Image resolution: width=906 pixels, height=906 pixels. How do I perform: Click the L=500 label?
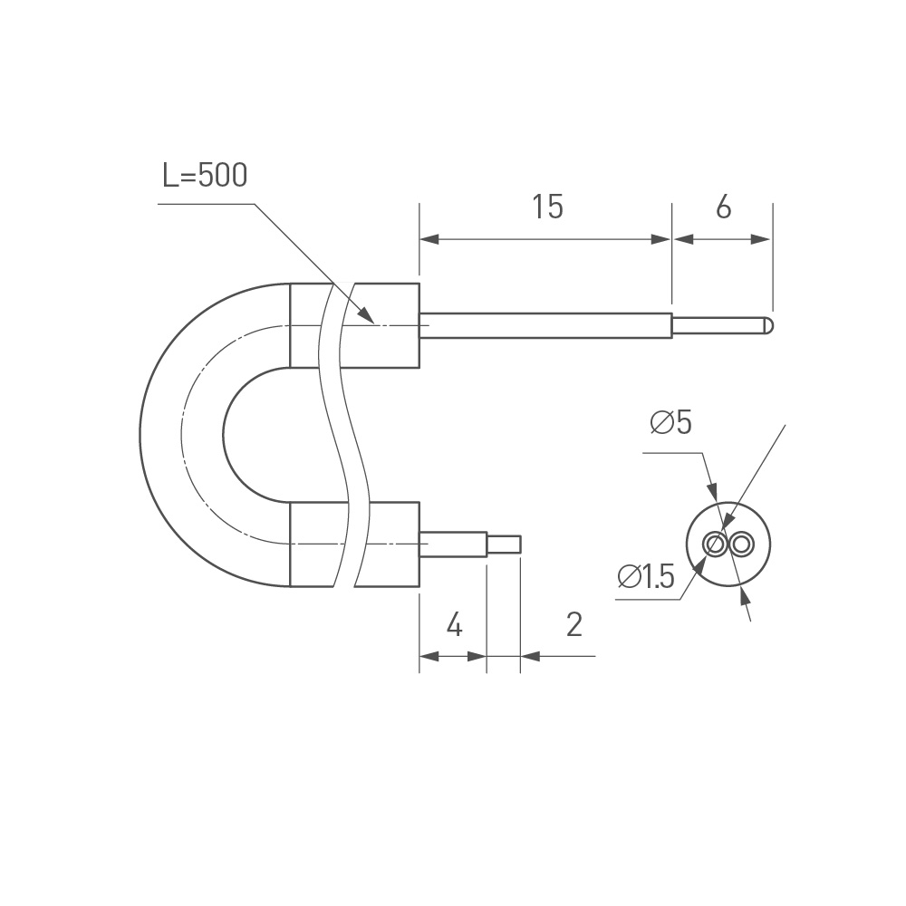click(204, 175)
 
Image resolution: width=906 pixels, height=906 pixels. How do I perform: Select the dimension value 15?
click(547, 207)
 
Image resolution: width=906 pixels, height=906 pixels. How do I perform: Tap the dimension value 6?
click(723, 207)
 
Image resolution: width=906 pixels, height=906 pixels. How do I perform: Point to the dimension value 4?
click(455, 625)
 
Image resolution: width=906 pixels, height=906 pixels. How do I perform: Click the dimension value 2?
click(573, 625)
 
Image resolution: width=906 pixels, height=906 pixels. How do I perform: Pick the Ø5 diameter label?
click(670, 422)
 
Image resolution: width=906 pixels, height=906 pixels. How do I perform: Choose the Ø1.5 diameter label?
click(646, 577)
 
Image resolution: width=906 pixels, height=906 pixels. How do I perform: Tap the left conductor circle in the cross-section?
click(715, 544)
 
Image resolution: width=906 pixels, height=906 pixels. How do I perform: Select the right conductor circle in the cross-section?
click(742, 544)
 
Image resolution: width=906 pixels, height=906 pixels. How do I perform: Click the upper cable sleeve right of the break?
click(387, 325)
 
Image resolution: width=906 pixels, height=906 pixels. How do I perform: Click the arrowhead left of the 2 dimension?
click(529, 655)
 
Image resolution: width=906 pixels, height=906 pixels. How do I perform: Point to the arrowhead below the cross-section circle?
click(745, 595)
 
